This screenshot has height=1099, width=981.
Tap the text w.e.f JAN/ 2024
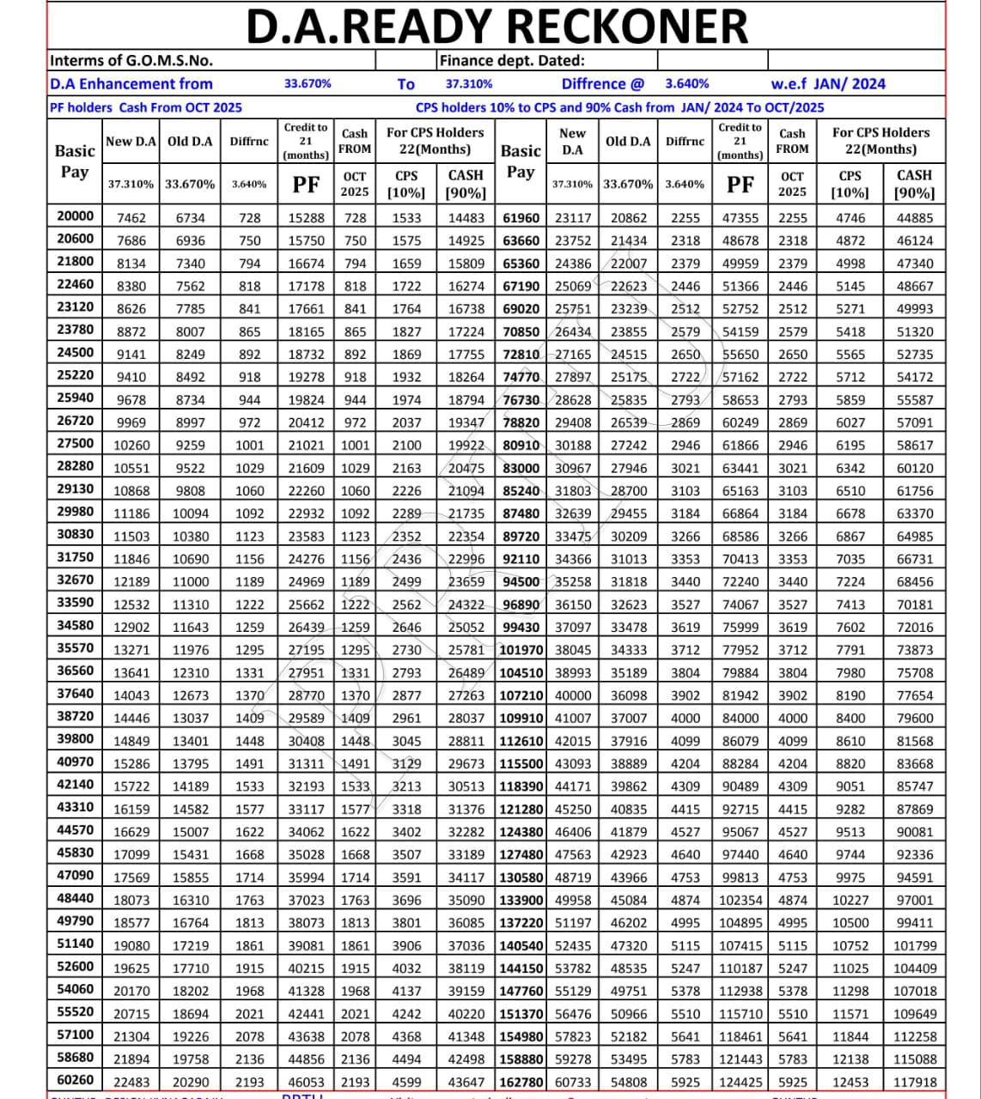tap(828, 83)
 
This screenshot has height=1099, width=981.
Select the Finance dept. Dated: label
tap(512, 60)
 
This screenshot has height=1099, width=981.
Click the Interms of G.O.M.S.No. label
tap(131, 60)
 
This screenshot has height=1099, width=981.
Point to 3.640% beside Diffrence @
tap(687, 83)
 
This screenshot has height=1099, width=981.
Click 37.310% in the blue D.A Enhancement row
tap(469, 83)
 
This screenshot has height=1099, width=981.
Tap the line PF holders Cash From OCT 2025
tap(146, 107)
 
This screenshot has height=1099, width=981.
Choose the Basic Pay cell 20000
tap(75, 216)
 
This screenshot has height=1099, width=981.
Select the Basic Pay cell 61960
tap(521, 217)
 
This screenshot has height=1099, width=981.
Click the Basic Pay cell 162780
tap(521, 1081)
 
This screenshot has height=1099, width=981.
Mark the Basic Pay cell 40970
tap(75, 762)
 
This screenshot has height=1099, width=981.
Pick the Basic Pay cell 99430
tap(521, 627)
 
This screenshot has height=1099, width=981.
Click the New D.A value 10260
tap(131, 445)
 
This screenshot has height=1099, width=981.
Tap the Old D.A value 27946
tap(629, 468)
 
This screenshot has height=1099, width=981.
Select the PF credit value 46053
tap(307, 1082)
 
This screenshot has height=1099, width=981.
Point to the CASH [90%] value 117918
tap(915, 1082)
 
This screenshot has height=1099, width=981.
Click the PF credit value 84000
tap(740, 718)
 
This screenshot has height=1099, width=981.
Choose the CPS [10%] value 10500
tap(850, 922)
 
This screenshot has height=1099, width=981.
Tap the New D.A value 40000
tap(573, 695)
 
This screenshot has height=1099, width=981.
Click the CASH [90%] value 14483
tap(466, 218)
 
